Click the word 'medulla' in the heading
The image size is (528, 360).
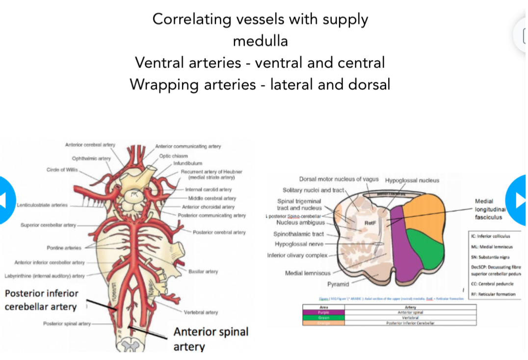click(260, 41)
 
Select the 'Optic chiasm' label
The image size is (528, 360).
click(173, 156)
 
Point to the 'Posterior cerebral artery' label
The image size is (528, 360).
click(219, 232)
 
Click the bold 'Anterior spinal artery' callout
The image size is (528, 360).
click(211, 339)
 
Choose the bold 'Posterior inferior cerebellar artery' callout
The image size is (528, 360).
click(41, 300)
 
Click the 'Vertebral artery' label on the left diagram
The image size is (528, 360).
click(201, 312)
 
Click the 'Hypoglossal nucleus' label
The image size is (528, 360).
click(412, 180)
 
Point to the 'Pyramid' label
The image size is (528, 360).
click(338, 284)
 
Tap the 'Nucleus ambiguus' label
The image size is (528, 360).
click(301, 222)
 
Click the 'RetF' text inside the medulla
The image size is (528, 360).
click(370, 223)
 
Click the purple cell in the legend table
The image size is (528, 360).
click(323, 312)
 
